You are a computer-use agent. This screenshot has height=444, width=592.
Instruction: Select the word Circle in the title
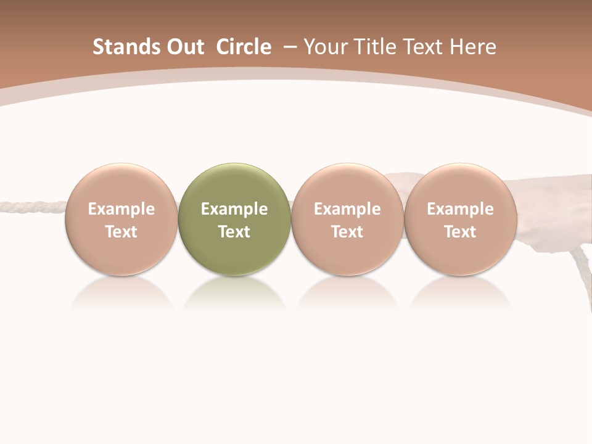(244, 47)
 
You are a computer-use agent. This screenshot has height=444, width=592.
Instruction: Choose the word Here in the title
(473, 47)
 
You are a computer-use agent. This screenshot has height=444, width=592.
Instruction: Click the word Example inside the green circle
(234, 209)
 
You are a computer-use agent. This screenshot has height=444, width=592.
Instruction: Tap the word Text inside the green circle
(234, 232)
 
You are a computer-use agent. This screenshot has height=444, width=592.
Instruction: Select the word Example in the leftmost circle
(121, 209)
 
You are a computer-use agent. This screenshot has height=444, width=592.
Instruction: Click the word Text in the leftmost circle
(121, 232)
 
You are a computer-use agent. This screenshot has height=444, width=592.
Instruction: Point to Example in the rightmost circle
(460, 209)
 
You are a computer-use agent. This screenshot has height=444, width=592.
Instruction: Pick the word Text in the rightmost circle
(460, 232)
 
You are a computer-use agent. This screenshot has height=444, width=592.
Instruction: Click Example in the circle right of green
(347, 209)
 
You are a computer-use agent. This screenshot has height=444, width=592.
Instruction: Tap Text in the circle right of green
(347, 232)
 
